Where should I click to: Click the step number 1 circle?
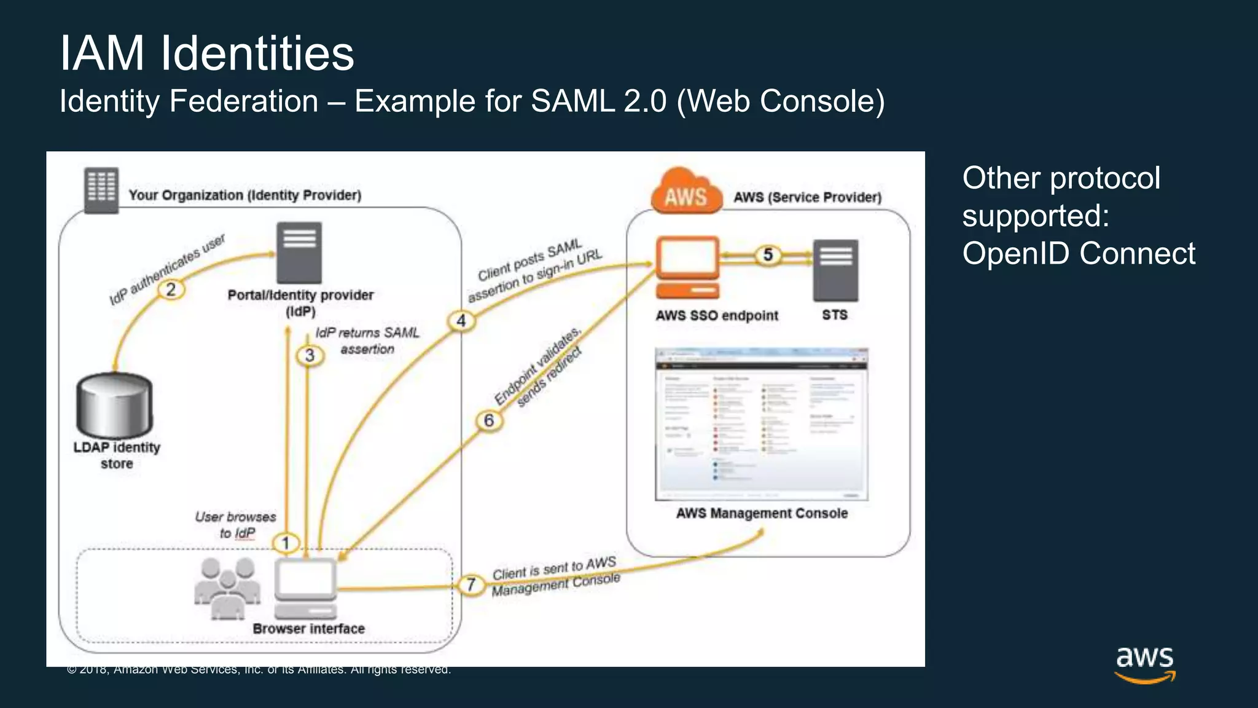click(286, 543)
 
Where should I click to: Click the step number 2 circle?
click(171, 289)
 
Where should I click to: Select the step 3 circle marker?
click(310, 355)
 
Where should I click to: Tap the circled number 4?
click(461, 321)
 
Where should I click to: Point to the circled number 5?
click(768, 254)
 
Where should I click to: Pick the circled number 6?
click(489, 420)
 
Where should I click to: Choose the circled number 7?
click(471, 584)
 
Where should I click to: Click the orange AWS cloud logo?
click(686, 192)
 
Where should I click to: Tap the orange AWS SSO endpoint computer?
click(687, 267)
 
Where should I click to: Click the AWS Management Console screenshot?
click(762, 424)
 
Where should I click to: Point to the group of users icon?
click(227, 589)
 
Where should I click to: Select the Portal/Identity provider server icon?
click(299, 253)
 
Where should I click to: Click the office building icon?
click(101, 190)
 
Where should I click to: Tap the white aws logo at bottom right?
click(1145, 664)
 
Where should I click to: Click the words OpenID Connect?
click(1079, 254)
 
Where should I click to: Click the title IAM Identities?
click(207, 53)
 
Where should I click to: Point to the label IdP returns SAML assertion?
click(367, 341)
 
